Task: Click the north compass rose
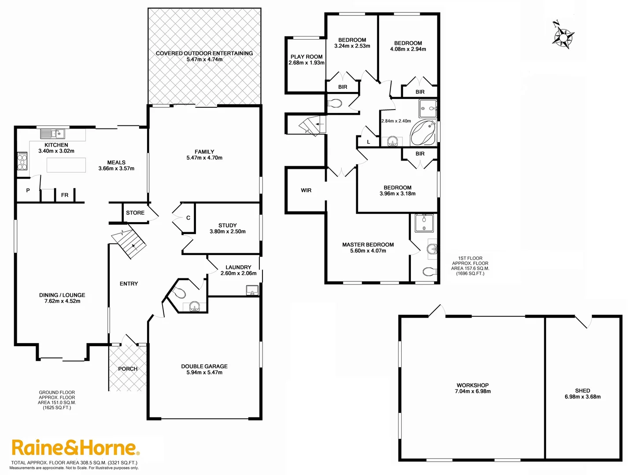click(563, 36)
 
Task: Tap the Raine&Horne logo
click(75, 448)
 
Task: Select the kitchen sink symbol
click(53, 133)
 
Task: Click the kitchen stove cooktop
click(22, 161)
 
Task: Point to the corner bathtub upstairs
click(424, 133)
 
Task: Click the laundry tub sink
click(252, 290)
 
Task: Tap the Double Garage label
click(204, 366)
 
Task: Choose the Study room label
click(228, 225)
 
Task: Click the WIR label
click(306, 190)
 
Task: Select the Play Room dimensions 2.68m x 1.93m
click(307, 63)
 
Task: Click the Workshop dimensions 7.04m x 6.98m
click(473, 391)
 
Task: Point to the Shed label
click(582, 391)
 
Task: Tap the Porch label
click(128, 369)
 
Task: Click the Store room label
click(135, 213)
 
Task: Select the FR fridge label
click(65, 195)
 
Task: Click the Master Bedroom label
click(368, 245)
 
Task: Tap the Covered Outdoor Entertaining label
click(204, 53)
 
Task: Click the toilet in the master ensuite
click(429, 271)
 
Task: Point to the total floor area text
click(74, 463)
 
